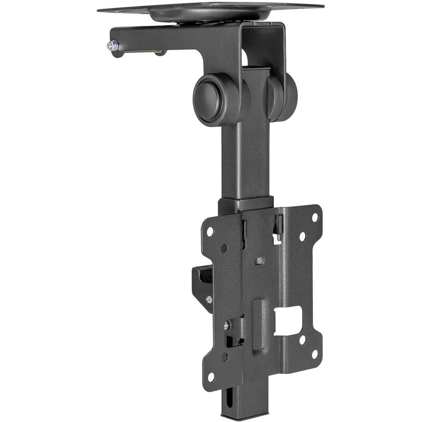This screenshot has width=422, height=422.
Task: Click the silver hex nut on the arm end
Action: (x=112, y=46)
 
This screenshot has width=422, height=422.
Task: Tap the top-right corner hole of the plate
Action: (x=314, y=217)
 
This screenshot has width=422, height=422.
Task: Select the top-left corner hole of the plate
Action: (x=210, y=231)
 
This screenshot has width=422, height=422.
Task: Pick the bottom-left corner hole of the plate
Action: (x=210, y=377)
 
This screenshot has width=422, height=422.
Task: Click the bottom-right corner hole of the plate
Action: (x=315, y=354)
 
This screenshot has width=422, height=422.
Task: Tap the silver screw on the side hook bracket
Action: (x=209, y=300)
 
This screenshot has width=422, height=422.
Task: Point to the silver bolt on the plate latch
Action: (x=227, y=325)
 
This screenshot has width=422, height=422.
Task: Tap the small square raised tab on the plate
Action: (x=260, y=261)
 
